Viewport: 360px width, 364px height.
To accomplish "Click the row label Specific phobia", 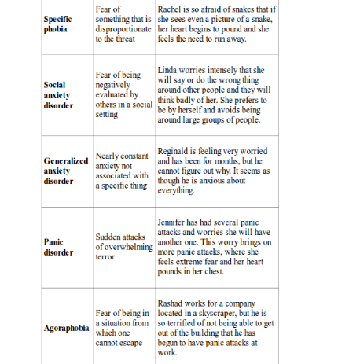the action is [x=57, y=24].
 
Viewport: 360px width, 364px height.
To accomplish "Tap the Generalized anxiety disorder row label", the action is [x=65, y=170].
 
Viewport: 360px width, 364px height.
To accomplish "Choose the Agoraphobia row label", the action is [x=66, y=327].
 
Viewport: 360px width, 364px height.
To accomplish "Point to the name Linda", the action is [x=170, y=69].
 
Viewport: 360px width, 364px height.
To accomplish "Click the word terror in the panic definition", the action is [x=105, y=256].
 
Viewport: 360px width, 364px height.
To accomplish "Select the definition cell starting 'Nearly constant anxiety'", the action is [x=122, y=171].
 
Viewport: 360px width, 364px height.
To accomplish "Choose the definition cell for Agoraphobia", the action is [x=122, y=327].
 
